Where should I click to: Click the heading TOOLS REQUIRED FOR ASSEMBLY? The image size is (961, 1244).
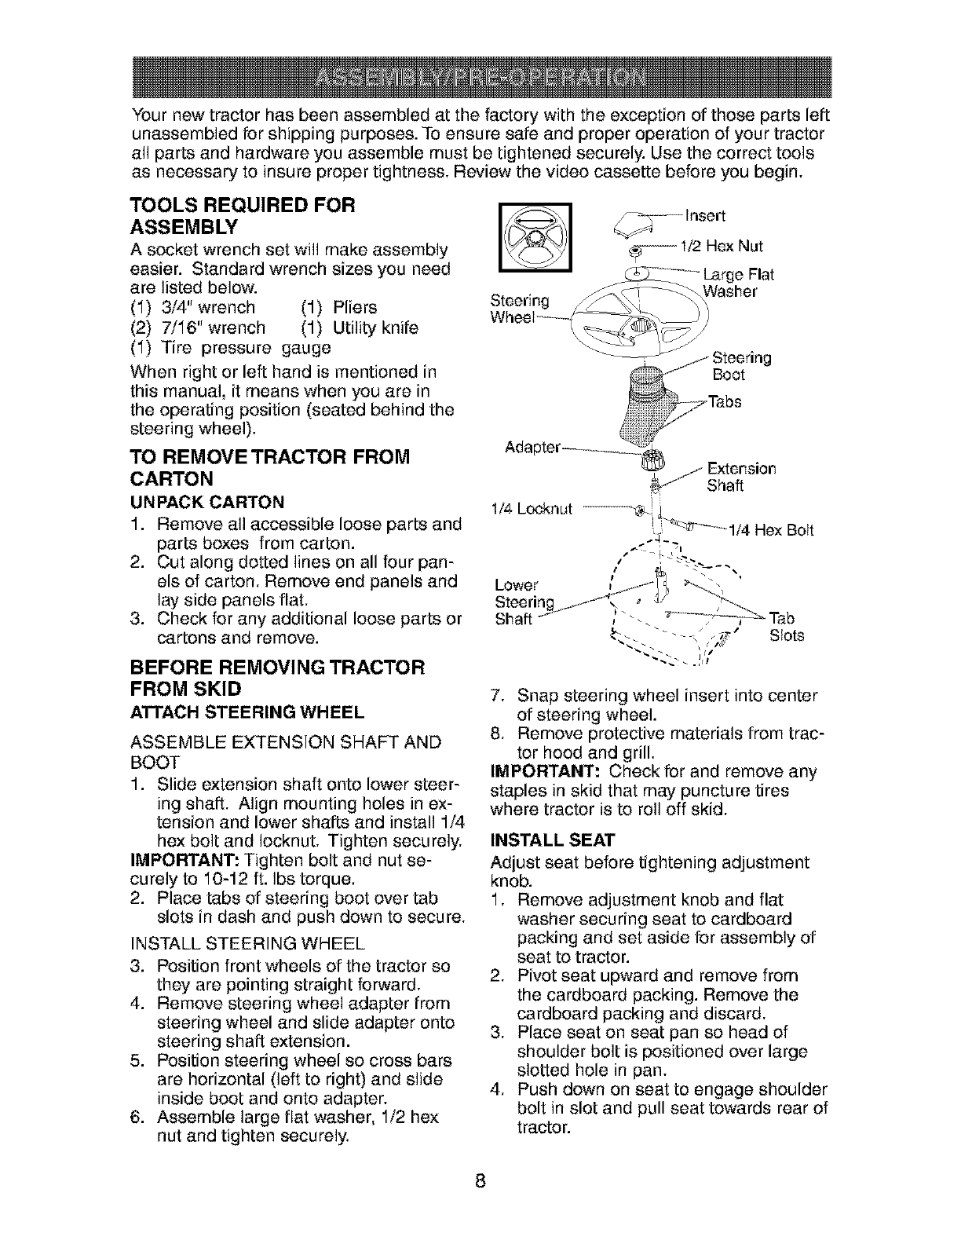[243, 217]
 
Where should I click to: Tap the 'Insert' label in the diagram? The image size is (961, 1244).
[707, 215]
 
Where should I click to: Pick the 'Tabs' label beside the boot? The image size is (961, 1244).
[725, 403]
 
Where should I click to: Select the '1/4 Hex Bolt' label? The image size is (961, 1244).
[771, 530]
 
